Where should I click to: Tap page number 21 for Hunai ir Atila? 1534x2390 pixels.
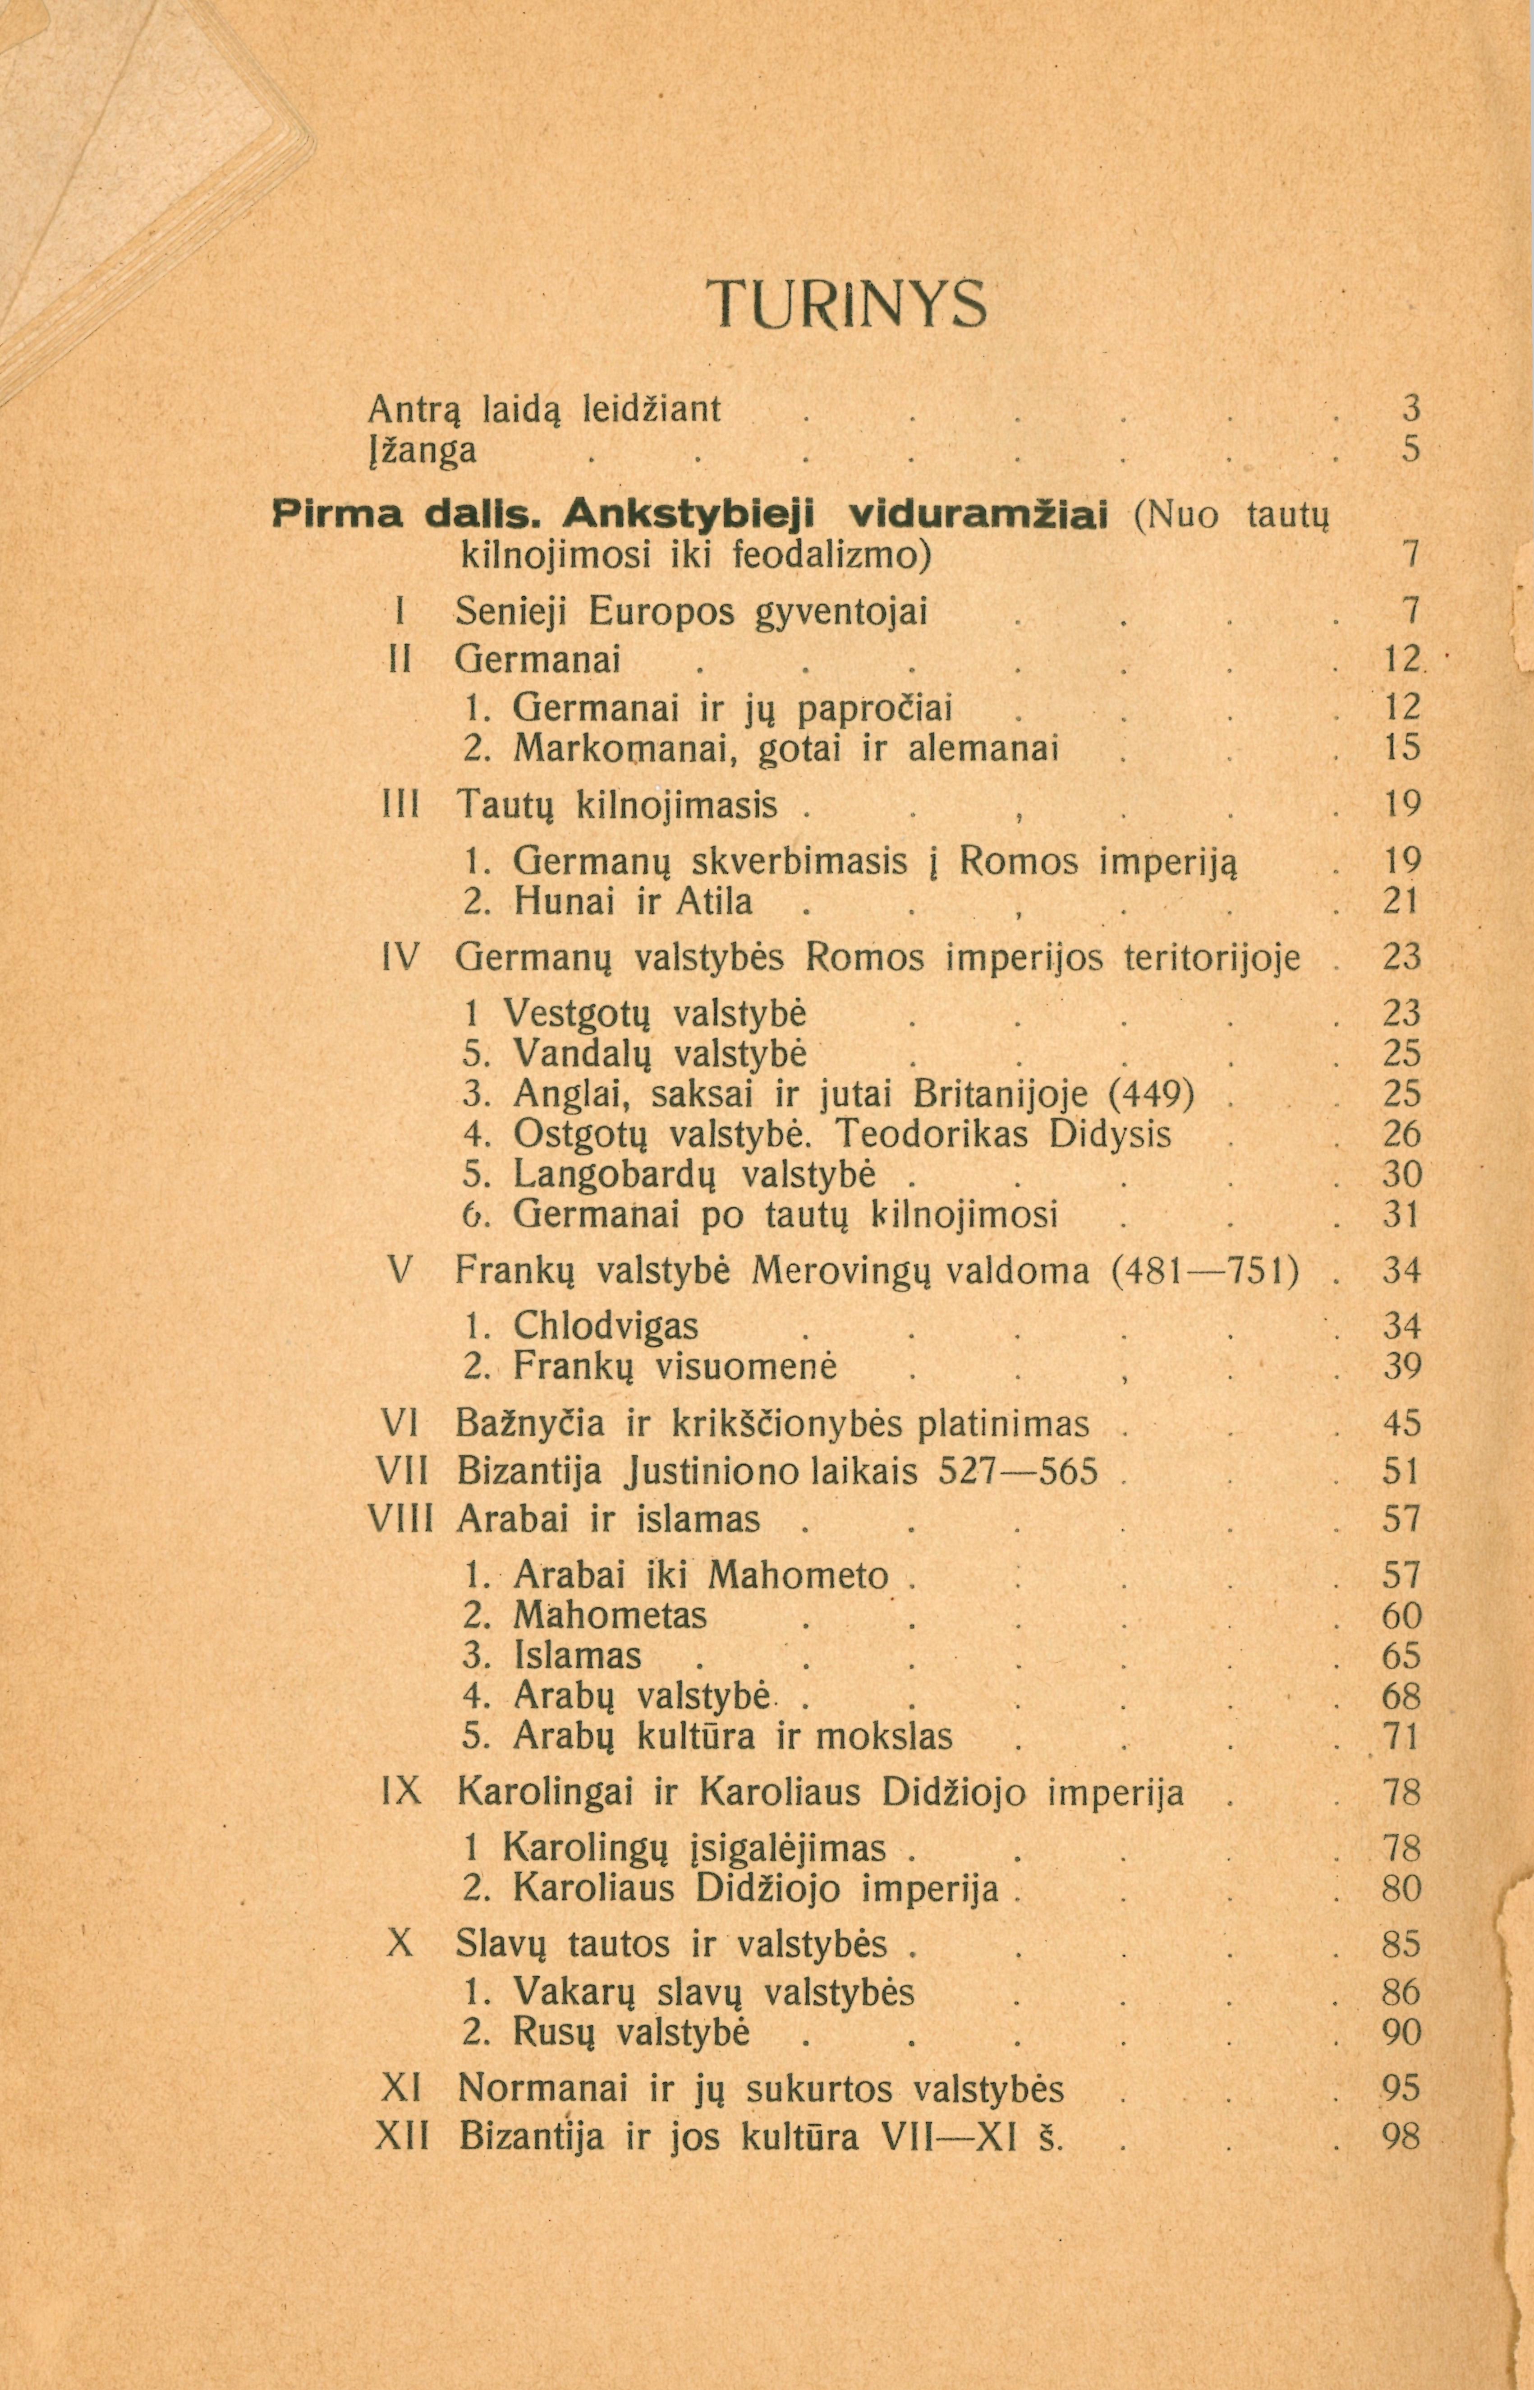tap(1401, 902)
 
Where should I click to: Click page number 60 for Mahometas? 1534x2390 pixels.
tap(1401, 1615)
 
